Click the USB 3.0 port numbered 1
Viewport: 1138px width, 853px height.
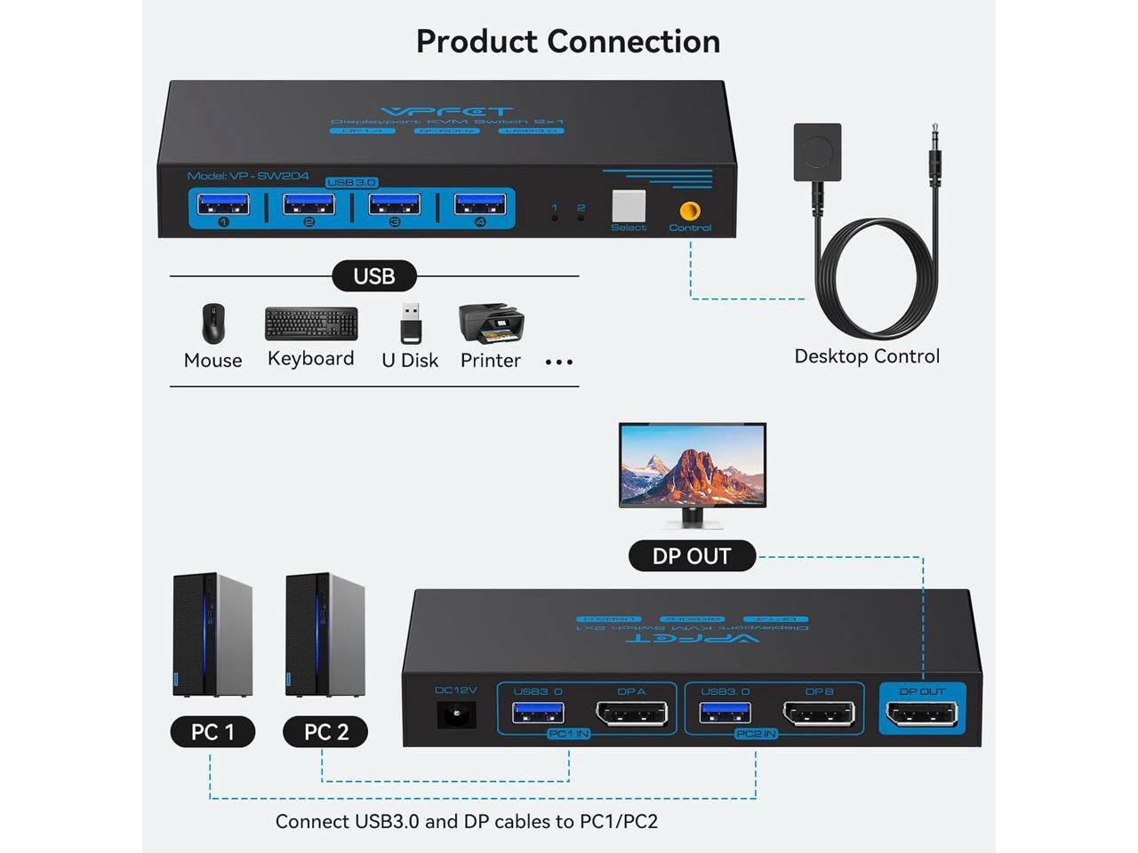click(x=222, y=204)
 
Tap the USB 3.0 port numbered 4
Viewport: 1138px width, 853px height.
click(x=480, y=204)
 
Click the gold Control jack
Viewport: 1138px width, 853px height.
click(x=689, y=211)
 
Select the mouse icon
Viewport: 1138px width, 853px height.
click(x=212, y=324)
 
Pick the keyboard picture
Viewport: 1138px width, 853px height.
click(x=311, y=324)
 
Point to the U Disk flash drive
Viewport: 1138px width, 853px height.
click(x=410, y=323)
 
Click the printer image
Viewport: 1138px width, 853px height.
click(x=491, y=323)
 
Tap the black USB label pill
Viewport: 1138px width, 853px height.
click(x=374, y=276)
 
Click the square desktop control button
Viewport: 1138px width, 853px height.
click(x=818, y=153)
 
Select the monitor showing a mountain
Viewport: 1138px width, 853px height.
click(x=693, y=466)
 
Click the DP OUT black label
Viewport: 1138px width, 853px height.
click(x=692, y=556)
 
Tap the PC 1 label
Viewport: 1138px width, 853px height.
click(x=212, y=732)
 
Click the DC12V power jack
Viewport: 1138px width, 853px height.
click(x=457, y=714)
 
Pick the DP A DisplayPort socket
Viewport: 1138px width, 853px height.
click(x=631, y=713)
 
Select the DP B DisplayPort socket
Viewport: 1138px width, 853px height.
click(x=818, y=713)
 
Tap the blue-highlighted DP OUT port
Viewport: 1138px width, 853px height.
click(x=922, y=713)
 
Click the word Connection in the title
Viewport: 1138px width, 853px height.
click(x=633, y=41)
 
